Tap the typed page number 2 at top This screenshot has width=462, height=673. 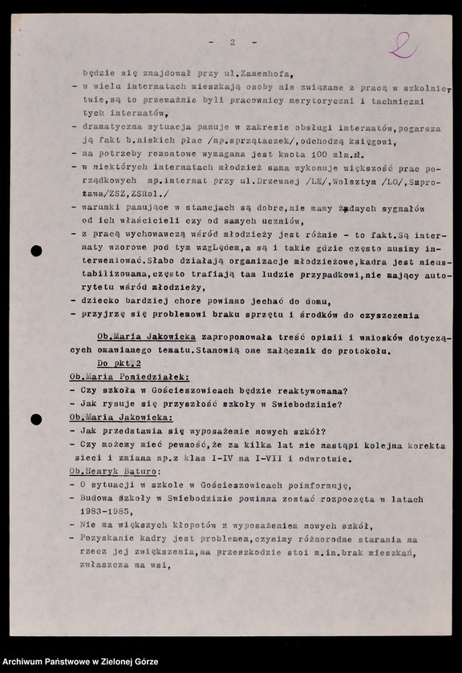(232, 42)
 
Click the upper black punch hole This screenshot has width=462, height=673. (36, 251)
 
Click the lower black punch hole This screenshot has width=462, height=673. (36, 419)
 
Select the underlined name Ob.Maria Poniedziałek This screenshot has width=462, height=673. (129, 377)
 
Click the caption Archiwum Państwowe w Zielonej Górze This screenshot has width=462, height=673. (80, 662)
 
